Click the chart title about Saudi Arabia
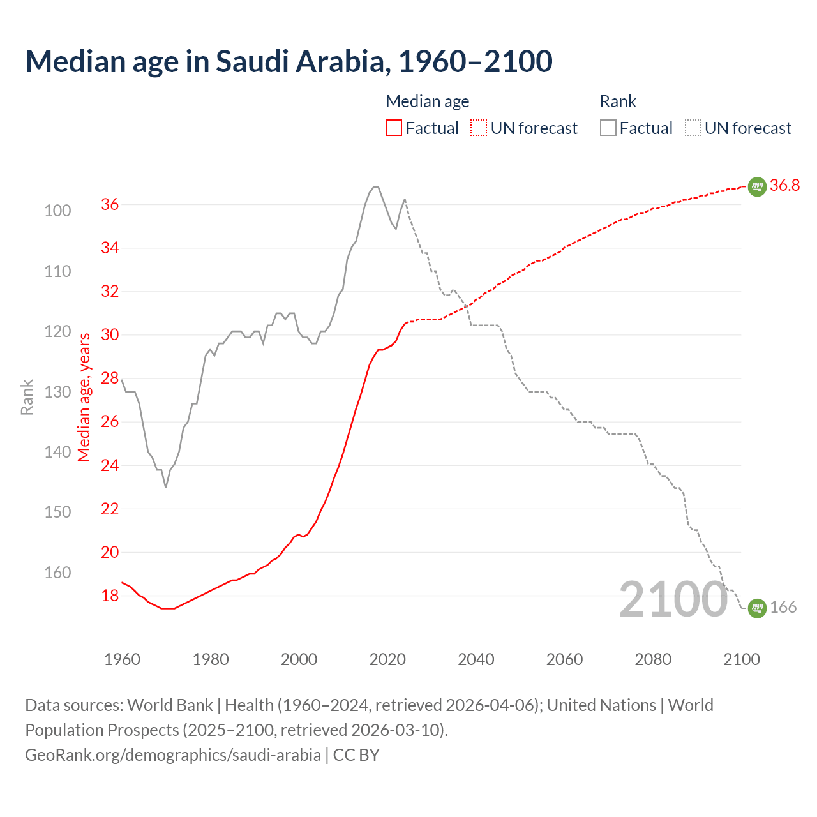pos(289,61)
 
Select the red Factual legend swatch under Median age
pos(394,128)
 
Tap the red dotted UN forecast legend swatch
pos(479,128)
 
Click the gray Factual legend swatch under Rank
pos(608,128)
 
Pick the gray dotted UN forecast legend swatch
pos(693,128)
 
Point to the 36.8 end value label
pos(784,185)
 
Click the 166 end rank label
pos(783,607)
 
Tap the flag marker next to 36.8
pos(757,186)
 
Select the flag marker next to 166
pos(757,608)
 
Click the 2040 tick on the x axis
pos(476,659)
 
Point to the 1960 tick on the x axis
pos(122,659)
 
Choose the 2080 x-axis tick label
pos(653,659)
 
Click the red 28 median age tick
pos(110,378)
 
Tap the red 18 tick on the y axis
pos(110,596)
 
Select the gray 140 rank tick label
pos(57,452)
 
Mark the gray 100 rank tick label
pos(57,211)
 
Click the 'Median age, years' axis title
pos(84,397)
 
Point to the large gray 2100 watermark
pos(673,599)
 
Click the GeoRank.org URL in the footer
pos(173,754)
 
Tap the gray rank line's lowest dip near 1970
pos(166,487)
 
